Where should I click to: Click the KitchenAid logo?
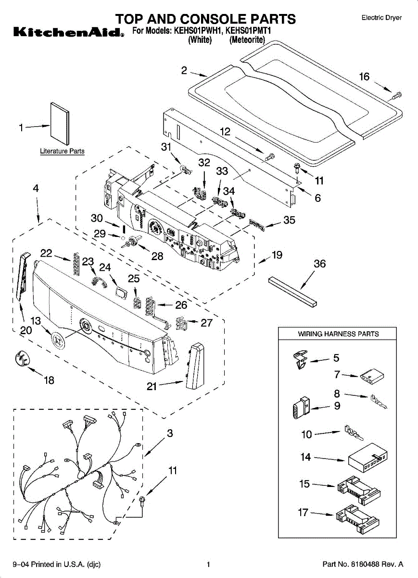click(67, 33)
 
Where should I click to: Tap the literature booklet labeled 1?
click(60, 124)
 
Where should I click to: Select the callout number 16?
click(365, 77)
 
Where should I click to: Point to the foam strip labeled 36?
click(293, 291)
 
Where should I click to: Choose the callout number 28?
click(157, 256)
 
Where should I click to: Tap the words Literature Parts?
click(62, 151)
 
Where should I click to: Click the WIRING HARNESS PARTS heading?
click(338, 334)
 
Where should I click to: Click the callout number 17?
click(303, 512)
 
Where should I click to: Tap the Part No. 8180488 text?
click(362, 564)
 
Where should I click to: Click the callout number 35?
click(289, 221)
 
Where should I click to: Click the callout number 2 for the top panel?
click(184, 70)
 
